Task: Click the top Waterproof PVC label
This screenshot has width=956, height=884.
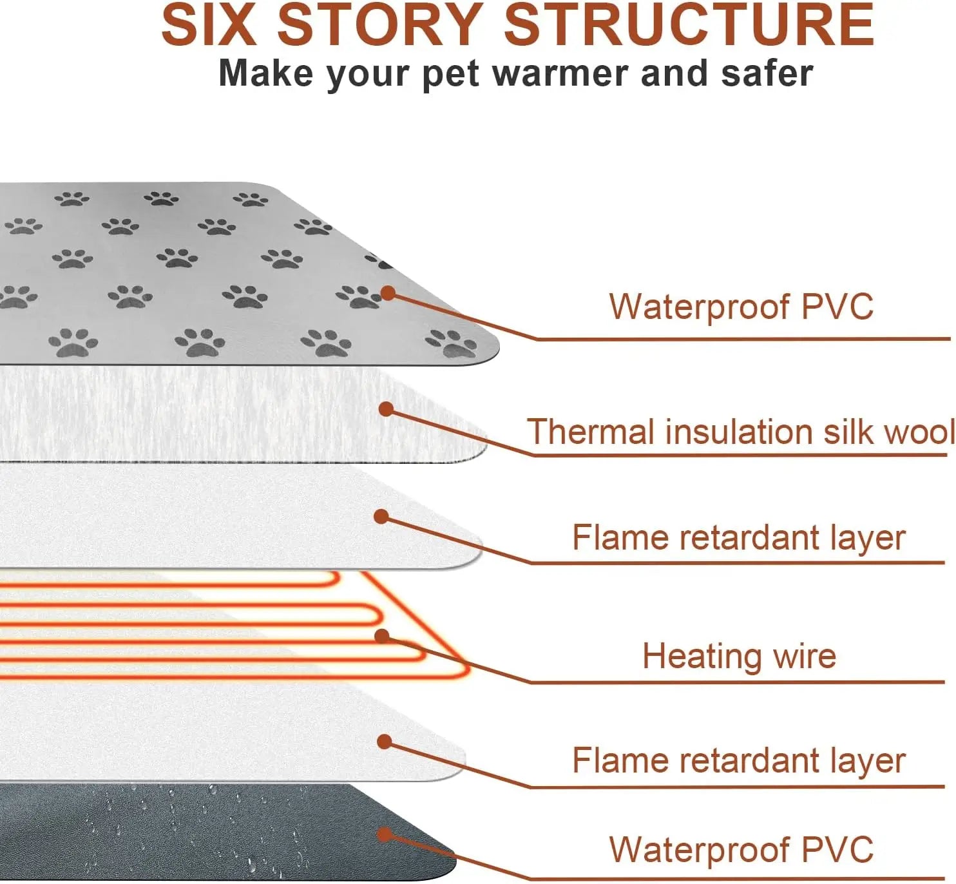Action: point(741,306)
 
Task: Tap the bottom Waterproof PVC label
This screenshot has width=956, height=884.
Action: point(741,849)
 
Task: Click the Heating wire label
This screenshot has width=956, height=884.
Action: point(739,656)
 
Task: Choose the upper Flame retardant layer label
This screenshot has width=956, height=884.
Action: point(739,538)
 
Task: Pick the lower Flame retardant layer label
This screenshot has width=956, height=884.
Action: point(739,760)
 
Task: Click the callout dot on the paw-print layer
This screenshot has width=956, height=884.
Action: point(388,293)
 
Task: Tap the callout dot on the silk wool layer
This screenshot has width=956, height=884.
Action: point(386,409)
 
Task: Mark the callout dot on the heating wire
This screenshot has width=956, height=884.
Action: point(382,637)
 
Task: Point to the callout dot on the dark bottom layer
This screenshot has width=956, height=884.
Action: point(385,835)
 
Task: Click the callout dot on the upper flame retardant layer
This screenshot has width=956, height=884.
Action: point(381,516)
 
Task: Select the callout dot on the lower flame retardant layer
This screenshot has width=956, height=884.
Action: point(385,742)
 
